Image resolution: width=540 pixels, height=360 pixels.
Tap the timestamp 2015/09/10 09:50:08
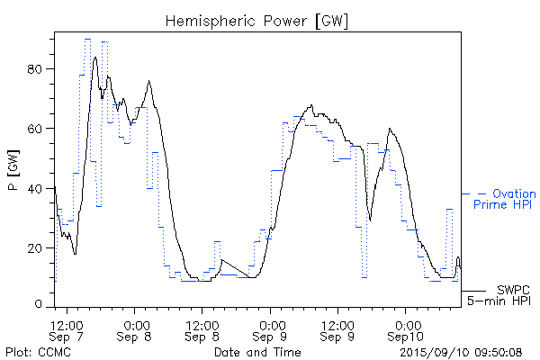pos(462,352)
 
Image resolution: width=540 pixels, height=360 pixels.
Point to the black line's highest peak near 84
pos(95,58)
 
